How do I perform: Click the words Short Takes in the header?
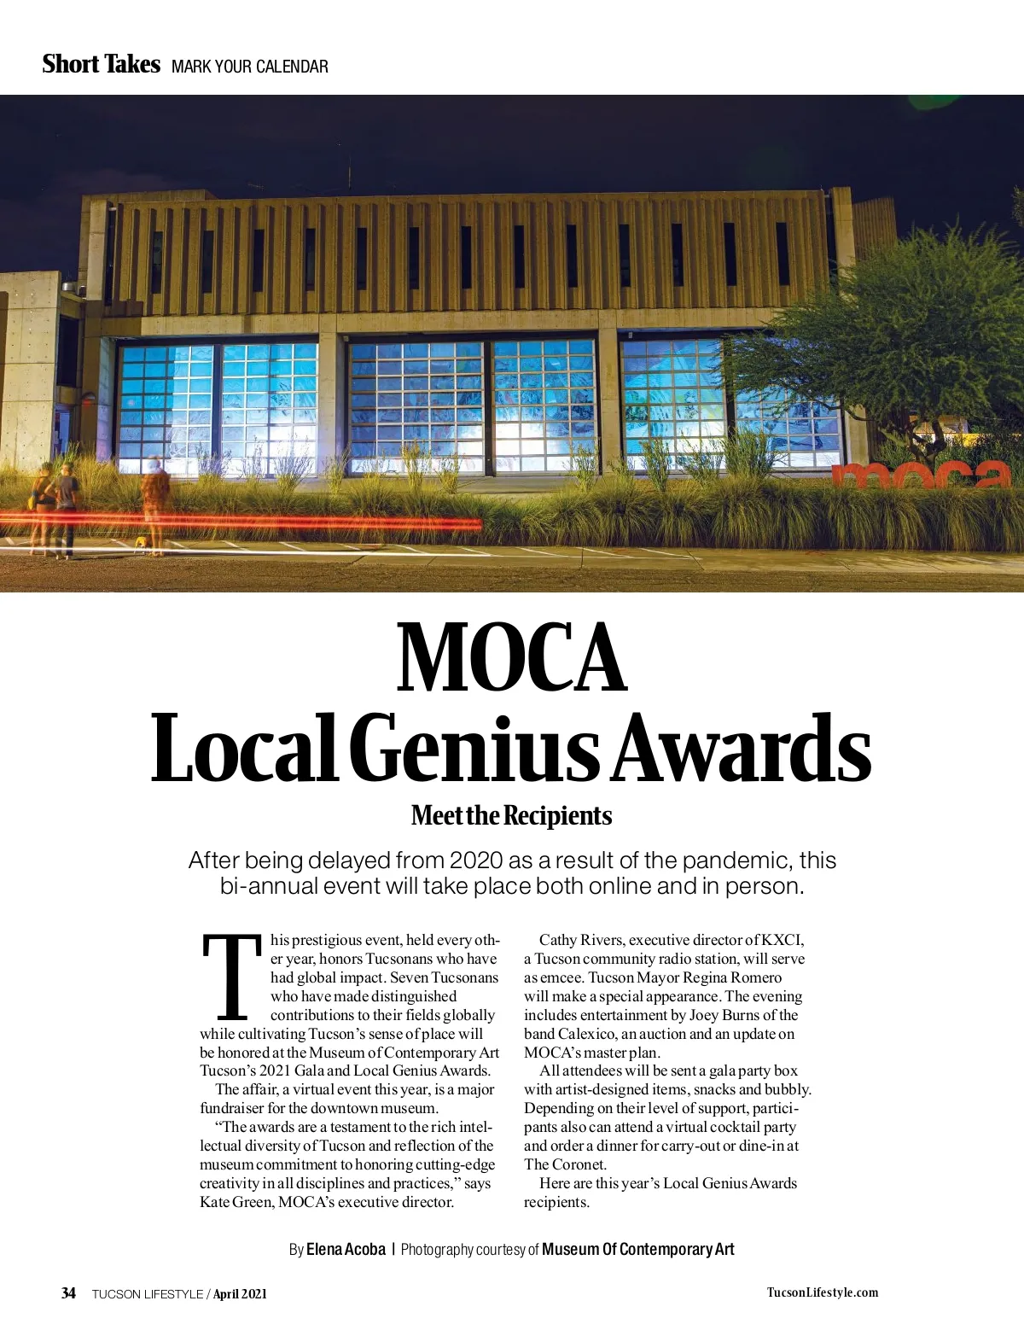101,64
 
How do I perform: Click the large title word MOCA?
512,658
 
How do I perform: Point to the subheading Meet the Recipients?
511,815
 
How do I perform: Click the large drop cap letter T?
231,977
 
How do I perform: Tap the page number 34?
68,1292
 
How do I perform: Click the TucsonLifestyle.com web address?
822,1292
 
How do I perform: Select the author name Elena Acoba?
346,1249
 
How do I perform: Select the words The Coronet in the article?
565,1164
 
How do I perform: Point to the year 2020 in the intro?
476,860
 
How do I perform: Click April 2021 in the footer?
240,1293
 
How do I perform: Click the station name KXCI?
783,940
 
